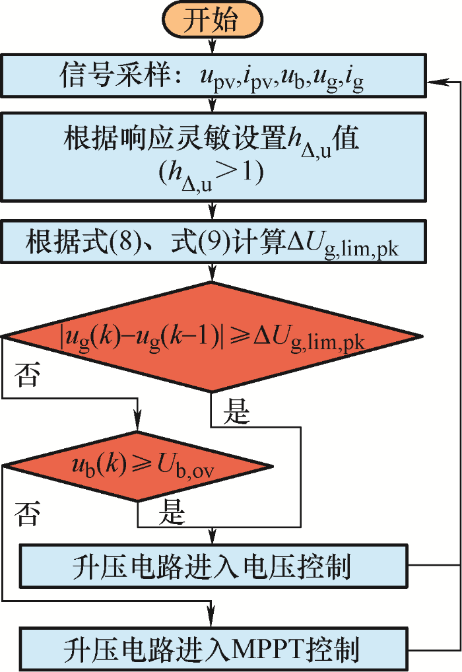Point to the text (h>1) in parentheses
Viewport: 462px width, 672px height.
(211, 174)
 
